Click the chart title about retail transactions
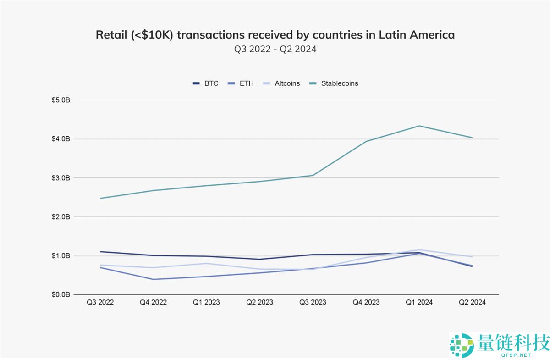[x=275, y=35]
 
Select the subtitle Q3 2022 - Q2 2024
[x=275, y=49]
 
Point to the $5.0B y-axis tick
[x=60, y=100]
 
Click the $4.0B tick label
[x=60, y=139]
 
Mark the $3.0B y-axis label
[x=60, y=178]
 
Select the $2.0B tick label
[x=60, y=216]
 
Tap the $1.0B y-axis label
[x=60, y=255]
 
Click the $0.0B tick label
[x=60, y=294]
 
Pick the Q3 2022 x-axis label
[x=100, y=302]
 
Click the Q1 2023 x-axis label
[x=206, y=302]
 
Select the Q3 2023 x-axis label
[x=313, y=302]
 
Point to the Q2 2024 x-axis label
[x=472, y=302]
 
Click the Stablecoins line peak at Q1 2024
[x=419, y=126]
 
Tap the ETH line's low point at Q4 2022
[x=153, y=279]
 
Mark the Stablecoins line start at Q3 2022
[x=100, y=198]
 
